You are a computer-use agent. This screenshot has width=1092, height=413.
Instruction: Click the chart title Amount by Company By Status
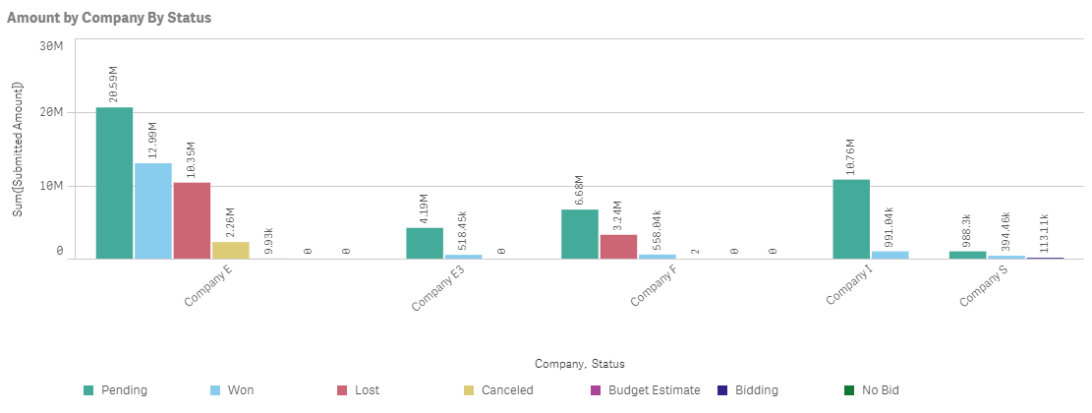click(x=109, y=18)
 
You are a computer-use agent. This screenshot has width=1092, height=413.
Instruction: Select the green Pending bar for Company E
click(x=114, y=183)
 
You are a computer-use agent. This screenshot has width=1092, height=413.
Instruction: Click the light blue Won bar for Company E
click(x=152, y=210)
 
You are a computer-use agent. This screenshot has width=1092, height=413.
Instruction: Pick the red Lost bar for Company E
click(x=192, y=220)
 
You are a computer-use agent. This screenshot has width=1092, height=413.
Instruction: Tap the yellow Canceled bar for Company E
click(x=230, y=250)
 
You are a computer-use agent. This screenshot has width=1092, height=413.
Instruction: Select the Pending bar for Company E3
click(x=425, y=243)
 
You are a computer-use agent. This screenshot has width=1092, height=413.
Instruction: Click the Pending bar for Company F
click(x=579, y=234)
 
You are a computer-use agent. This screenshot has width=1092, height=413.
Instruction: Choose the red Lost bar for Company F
click(x=618, y=246)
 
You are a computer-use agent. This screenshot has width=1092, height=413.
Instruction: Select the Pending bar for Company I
click(x=851, y=218)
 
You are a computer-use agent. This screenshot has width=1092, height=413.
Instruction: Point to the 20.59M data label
click(x=113, y=86)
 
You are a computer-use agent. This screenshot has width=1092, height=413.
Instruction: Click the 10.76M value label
click(x=851, y=158)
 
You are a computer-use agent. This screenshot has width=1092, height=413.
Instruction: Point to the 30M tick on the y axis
click(x=51, y=46)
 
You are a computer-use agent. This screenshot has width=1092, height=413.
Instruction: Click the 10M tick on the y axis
click(x=51, y=186)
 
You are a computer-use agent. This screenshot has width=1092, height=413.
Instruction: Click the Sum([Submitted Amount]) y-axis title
click(x=17, y=147)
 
